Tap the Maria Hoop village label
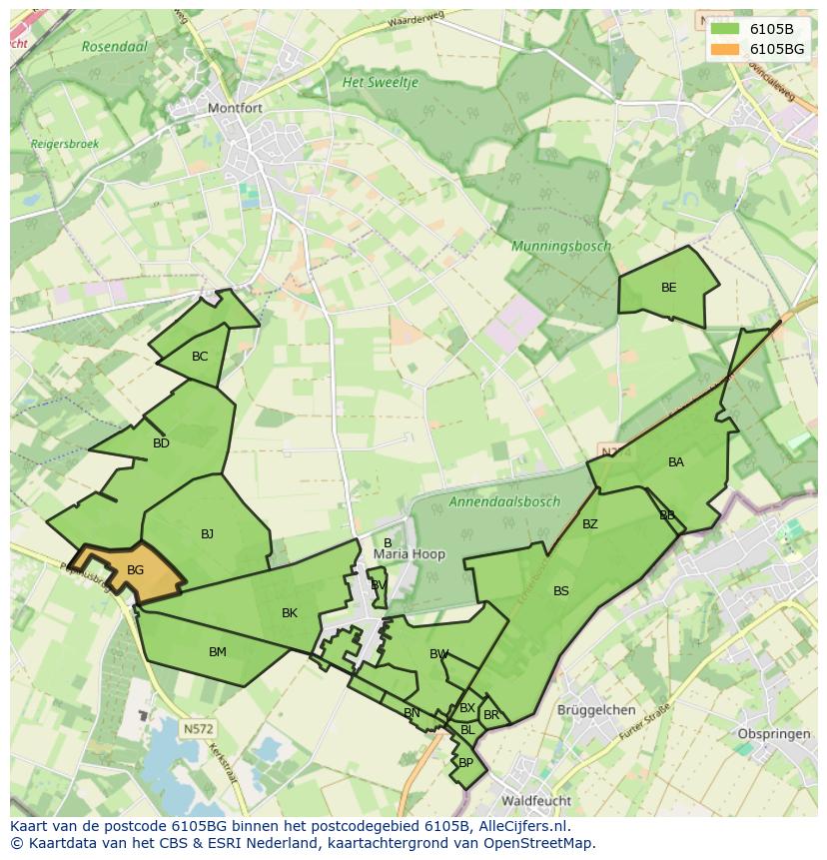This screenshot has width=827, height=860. click(409, 554)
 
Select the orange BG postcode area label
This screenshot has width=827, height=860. click(136, 570)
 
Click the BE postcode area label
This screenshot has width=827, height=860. click(668, 288)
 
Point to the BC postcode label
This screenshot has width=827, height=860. click(200, 357)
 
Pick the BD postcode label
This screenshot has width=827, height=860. click(161, 443)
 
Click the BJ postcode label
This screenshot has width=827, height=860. click(207, 534)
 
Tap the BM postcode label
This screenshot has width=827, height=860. click(217, 652)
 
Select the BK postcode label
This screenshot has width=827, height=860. click(290, 613)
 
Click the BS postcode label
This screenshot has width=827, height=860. click(561, 591)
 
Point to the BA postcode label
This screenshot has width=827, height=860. click(676, 462)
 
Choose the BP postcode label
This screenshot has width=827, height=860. click(465, 762)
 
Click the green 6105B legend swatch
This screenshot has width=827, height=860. click(725, 29)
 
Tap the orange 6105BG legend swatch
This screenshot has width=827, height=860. click(725, 48)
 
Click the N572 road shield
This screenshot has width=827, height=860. click(198, 729)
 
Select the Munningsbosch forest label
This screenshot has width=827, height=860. click(560, 246)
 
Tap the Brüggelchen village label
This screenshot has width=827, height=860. click(596, 710)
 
